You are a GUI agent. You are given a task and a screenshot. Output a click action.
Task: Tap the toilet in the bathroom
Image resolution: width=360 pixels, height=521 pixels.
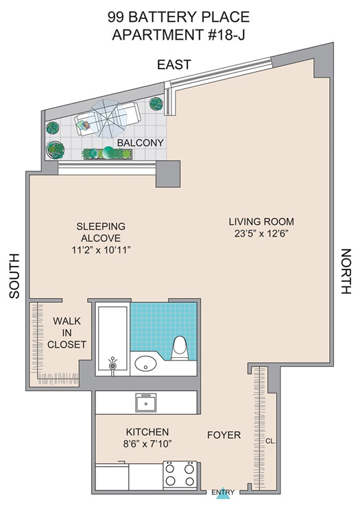[180, 348]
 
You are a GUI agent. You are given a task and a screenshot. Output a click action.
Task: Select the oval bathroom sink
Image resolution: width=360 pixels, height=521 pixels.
[145, 363]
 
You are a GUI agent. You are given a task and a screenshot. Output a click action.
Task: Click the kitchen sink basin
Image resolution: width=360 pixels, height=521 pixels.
[146, 402]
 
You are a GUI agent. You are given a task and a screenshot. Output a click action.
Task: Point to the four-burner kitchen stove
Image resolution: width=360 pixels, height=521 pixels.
[180, 474]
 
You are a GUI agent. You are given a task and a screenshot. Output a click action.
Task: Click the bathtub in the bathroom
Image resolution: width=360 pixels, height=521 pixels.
[112, 338]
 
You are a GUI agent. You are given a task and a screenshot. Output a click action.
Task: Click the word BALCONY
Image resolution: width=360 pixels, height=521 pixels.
[141, 143]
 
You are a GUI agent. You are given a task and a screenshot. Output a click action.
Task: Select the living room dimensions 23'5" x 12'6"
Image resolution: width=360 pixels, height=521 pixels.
[261, 234]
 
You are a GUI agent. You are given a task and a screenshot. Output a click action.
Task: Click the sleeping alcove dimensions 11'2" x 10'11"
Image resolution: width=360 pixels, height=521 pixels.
[101, 250]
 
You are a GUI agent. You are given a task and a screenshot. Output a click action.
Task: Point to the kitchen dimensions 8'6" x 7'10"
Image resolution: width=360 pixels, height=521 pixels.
[147, 444]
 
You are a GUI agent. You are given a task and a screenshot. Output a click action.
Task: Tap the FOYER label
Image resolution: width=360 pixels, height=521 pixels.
[224, 435]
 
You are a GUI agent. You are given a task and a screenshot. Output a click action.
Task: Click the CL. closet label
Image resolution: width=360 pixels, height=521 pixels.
[271, 441]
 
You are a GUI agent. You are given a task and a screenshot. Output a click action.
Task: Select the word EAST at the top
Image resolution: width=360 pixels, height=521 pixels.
[174, 64]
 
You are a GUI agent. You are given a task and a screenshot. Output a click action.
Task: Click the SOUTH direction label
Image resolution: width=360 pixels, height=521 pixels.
[14, 276]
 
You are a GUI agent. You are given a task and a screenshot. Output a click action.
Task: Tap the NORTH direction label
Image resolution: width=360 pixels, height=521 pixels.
[346, 271]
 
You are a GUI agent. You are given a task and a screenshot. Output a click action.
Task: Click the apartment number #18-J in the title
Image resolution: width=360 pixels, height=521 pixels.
[226, 34]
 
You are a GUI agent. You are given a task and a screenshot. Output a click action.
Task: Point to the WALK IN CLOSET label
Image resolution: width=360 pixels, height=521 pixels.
[67, 333]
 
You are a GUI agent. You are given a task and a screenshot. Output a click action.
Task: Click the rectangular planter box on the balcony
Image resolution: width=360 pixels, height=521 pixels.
[107, 154]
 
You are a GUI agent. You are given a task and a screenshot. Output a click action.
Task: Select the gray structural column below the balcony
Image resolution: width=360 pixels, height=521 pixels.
[168, 174]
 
